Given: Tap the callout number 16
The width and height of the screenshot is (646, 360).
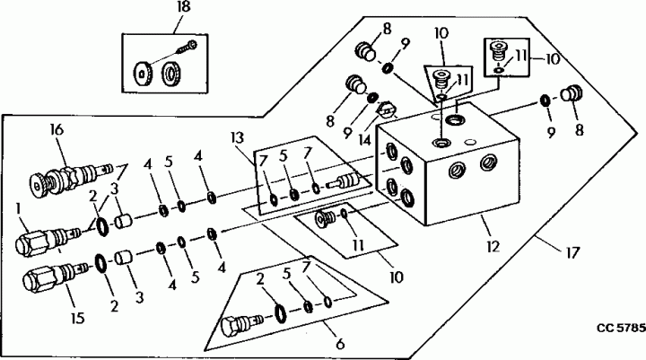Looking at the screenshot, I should pos(58,130).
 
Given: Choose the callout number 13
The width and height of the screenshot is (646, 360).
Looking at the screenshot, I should pos(238,138).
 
